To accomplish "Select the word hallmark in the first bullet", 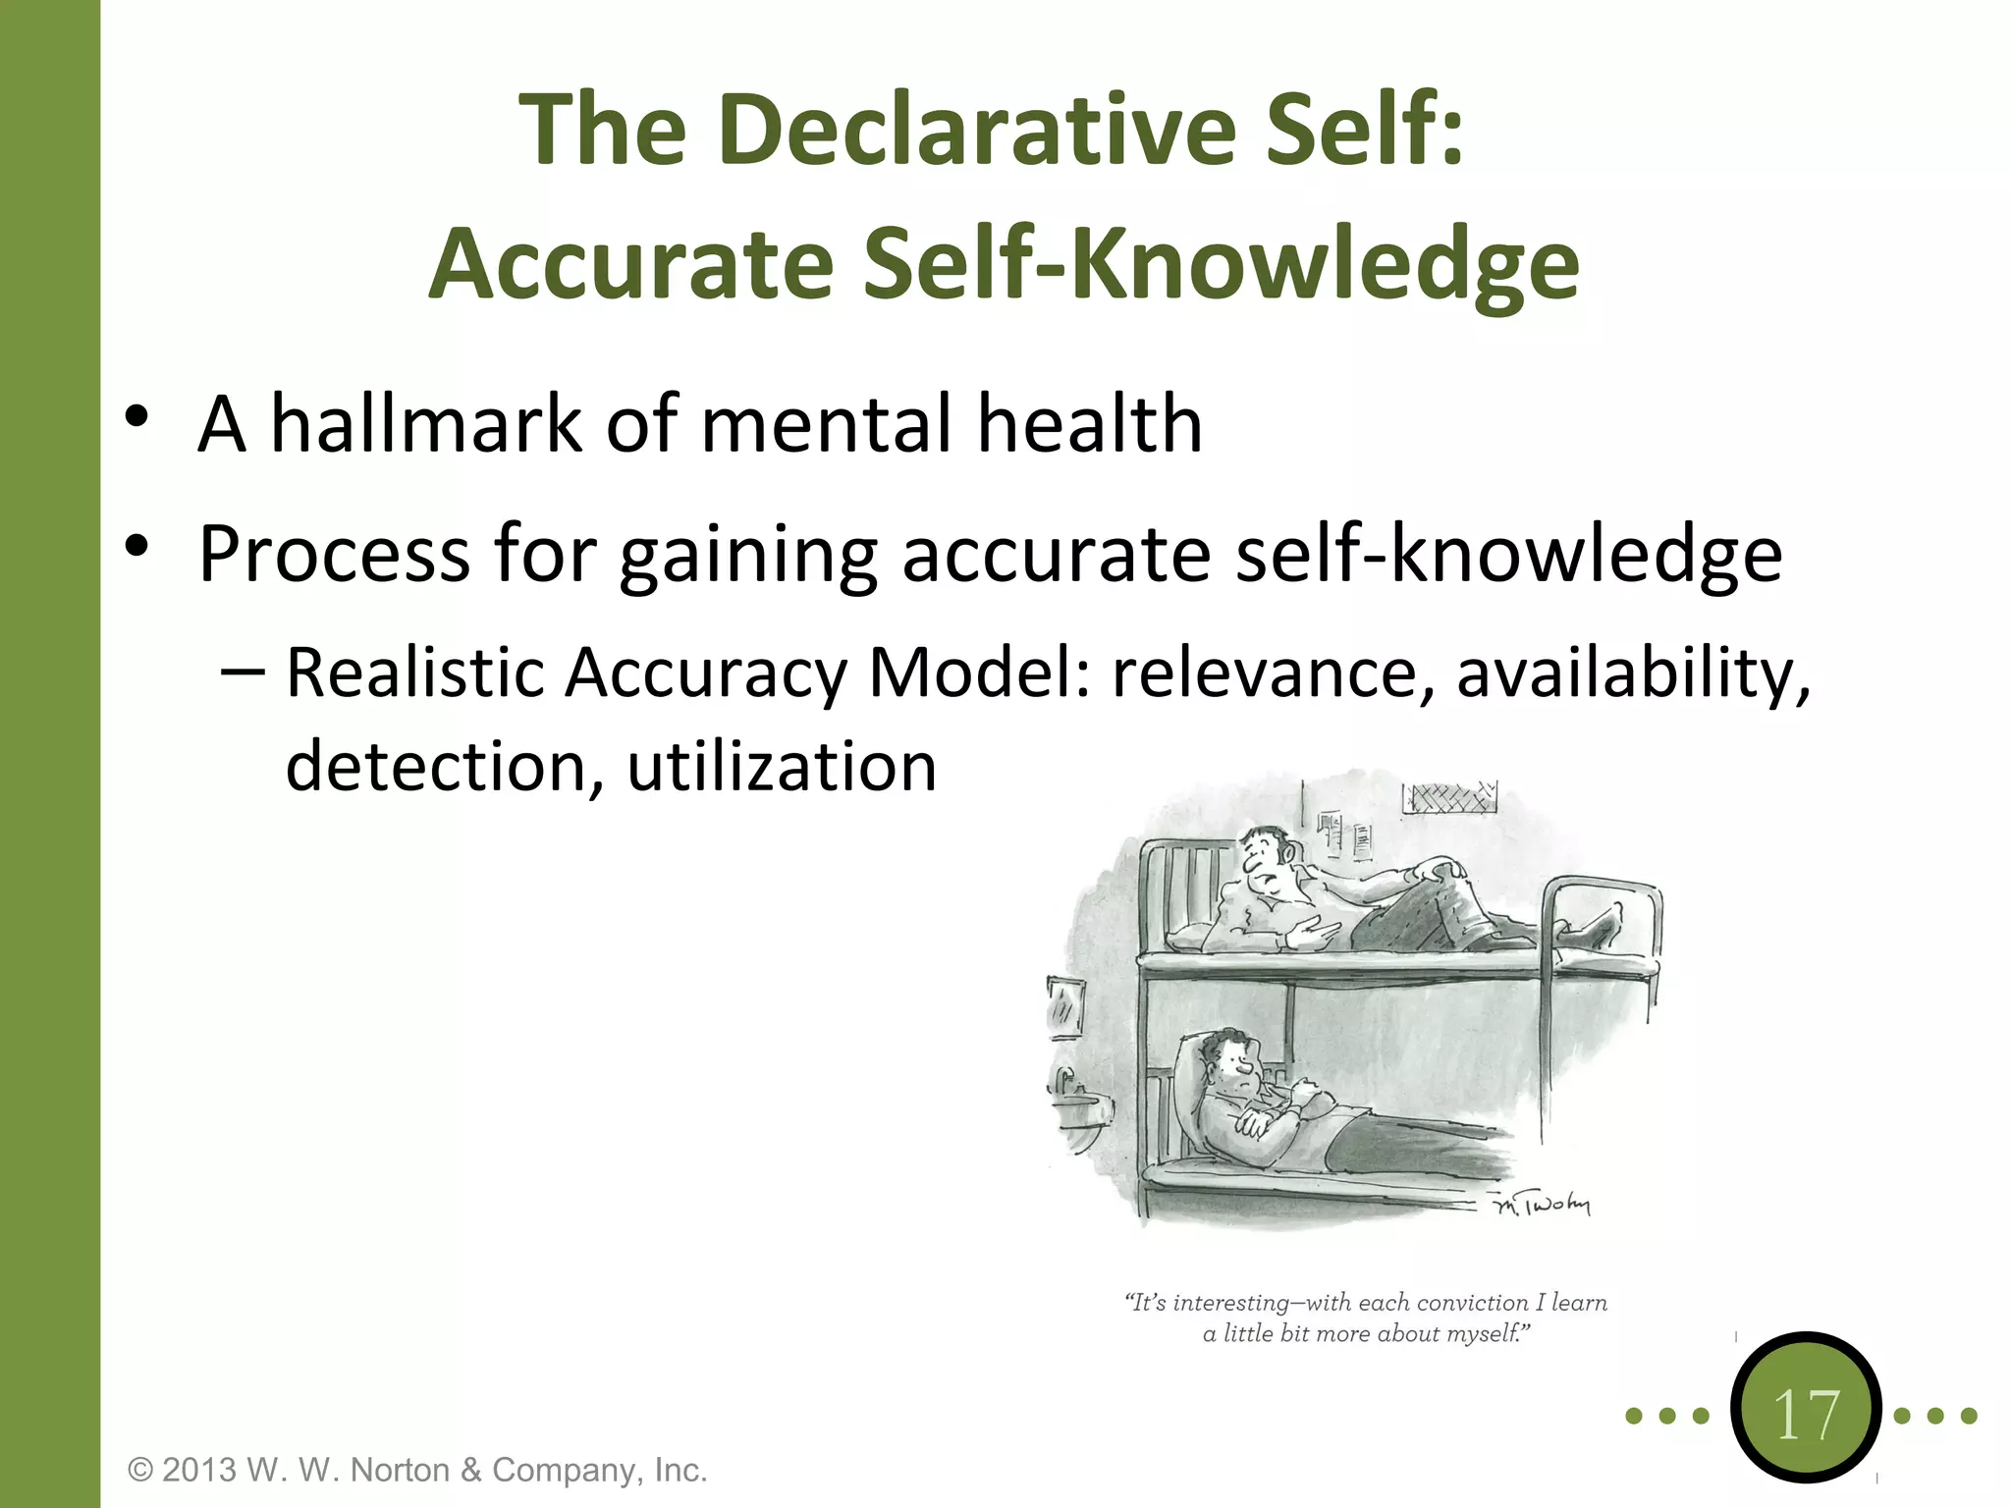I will [426, 424].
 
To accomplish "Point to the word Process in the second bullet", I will [334, 555].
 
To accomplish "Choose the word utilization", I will [782, 767].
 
